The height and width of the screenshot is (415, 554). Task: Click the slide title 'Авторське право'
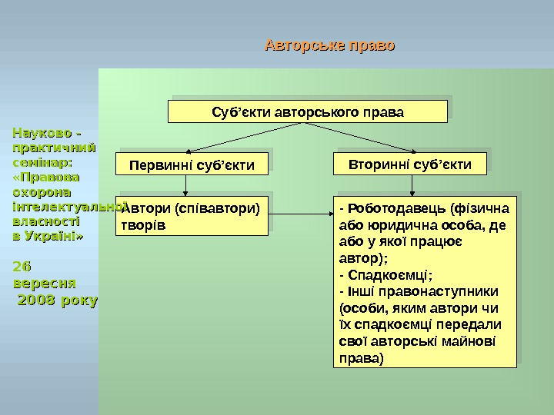[x=329, y=46]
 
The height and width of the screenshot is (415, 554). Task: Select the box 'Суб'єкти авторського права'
[x=308, y=112]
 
